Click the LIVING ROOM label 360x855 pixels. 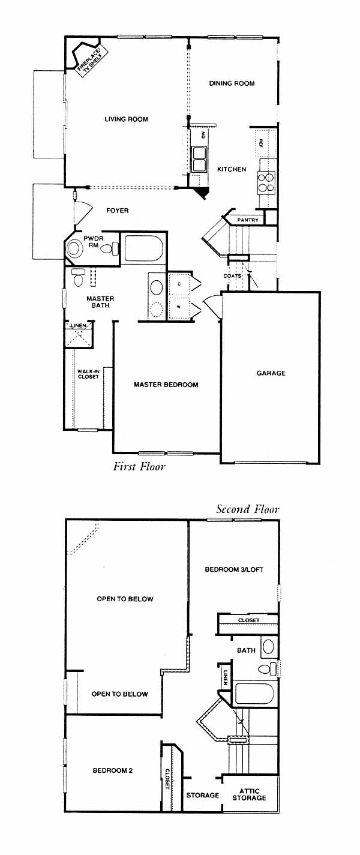coord(126,119)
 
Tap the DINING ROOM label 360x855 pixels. coord(232,83)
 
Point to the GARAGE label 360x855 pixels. coord(271,373)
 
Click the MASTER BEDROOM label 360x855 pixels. coord(166,385)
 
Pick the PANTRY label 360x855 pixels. coord(248,220)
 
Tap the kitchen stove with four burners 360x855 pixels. coord(266,182)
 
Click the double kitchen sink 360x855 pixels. coord(199,157)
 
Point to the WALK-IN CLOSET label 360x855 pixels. coord(88,374)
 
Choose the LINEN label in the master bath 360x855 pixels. coord(79,326)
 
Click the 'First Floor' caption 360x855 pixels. coord(139,466)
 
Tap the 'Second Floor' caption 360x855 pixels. coord(247,509)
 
